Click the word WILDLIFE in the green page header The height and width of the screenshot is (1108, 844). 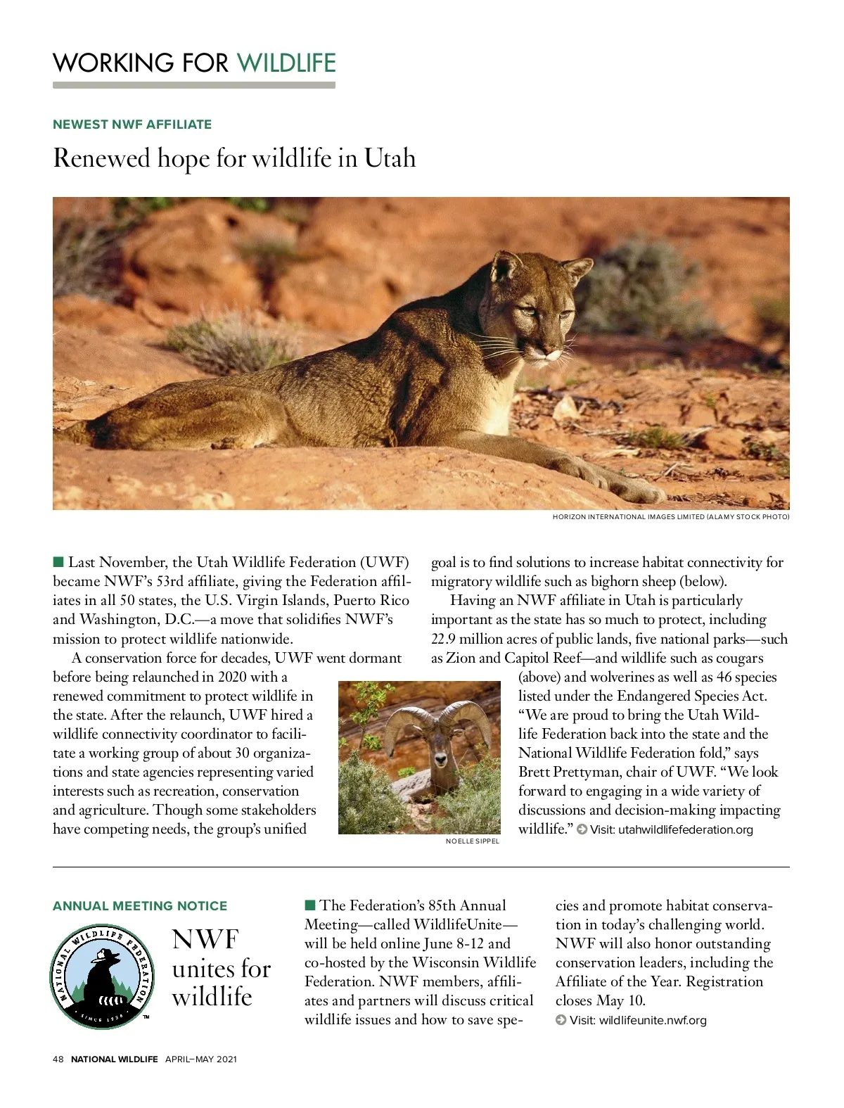point(286,63)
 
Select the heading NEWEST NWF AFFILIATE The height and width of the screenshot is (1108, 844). point(132,125)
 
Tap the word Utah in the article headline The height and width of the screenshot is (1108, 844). point(390,158)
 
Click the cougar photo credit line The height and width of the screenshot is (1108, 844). point(670,517)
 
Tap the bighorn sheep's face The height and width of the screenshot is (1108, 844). point(440,753)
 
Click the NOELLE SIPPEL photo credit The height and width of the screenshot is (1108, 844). point(472,841)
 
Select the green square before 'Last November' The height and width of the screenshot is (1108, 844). point(58,561)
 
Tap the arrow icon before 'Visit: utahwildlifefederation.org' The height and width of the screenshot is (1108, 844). point(582,829)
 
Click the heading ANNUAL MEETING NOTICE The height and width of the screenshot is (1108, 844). point(140,906)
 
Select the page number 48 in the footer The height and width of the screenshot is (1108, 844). point(58,1059)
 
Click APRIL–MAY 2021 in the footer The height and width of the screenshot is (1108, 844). point(201,1059)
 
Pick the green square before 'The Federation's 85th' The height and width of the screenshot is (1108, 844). point(310,905)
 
